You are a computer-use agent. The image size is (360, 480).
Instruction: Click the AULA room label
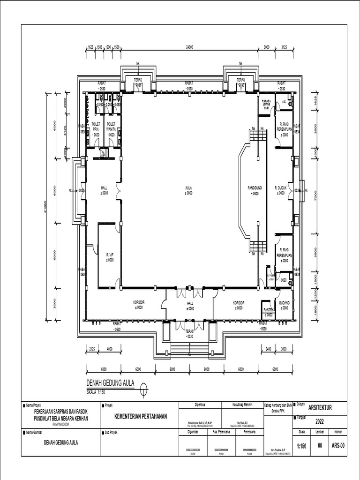tap(189, 188)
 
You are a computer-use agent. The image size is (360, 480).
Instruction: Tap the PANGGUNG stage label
tap(255, 188)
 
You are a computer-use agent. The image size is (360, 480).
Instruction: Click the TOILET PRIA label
tap(96, 126)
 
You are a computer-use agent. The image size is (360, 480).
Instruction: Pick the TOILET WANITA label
tap(111, 126)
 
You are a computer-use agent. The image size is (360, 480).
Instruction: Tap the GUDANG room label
tap(284, 303)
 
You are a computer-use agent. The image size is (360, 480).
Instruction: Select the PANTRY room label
tap(269, 310)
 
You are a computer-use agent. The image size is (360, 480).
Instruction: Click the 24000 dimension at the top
tap(189, 47)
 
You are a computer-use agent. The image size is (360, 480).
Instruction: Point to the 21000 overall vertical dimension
tap(45, 206)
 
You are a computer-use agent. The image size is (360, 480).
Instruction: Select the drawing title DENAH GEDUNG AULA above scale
tap(110, 383)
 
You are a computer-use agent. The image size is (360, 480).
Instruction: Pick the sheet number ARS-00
tap(338, 446)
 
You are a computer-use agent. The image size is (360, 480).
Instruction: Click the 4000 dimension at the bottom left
tap(109, 349)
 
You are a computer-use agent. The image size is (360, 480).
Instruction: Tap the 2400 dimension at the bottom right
tap(268, 349)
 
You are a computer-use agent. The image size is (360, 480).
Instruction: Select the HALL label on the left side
tap(104, 188)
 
